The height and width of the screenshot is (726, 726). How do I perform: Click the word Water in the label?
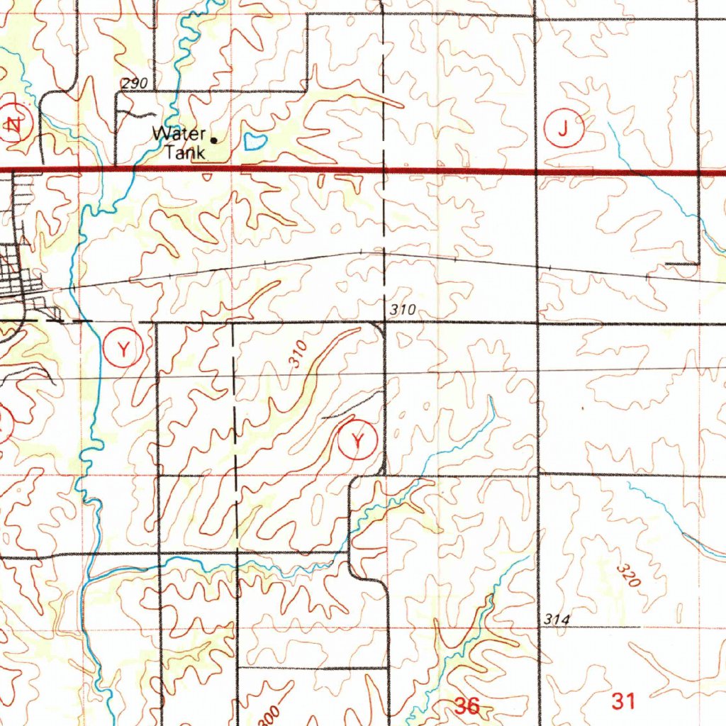coord(179,133)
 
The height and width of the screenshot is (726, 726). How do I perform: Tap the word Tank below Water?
coord(185,151)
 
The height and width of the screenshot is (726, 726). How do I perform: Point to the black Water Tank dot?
coord(213,139)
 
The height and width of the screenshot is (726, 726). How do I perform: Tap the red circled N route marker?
coord(13,125)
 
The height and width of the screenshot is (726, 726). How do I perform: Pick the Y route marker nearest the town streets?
coord(125,348)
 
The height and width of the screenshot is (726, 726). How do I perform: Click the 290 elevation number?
coord(134,84)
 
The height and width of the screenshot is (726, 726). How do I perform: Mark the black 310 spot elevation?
coord(401,310)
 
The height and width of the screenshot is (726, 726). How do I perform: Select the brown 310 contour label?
coord(298,354)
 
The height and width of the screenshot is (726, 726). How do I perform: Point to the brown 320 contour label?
coord(627,576)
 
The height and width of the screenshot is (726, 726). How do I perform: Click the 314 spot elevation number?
coord(557,620)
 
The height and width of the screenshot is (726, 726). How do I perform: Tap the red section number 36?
coord(467,705)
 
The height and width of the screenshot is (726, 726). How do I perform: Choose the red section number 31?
coord(624,701)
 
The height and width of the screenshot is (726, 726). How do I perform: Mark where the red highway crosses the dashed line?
coord(383,171)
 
